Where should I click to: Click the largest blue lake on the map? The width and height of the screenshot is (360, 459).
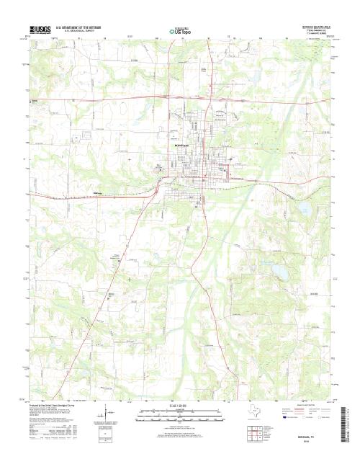point(277,272)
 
